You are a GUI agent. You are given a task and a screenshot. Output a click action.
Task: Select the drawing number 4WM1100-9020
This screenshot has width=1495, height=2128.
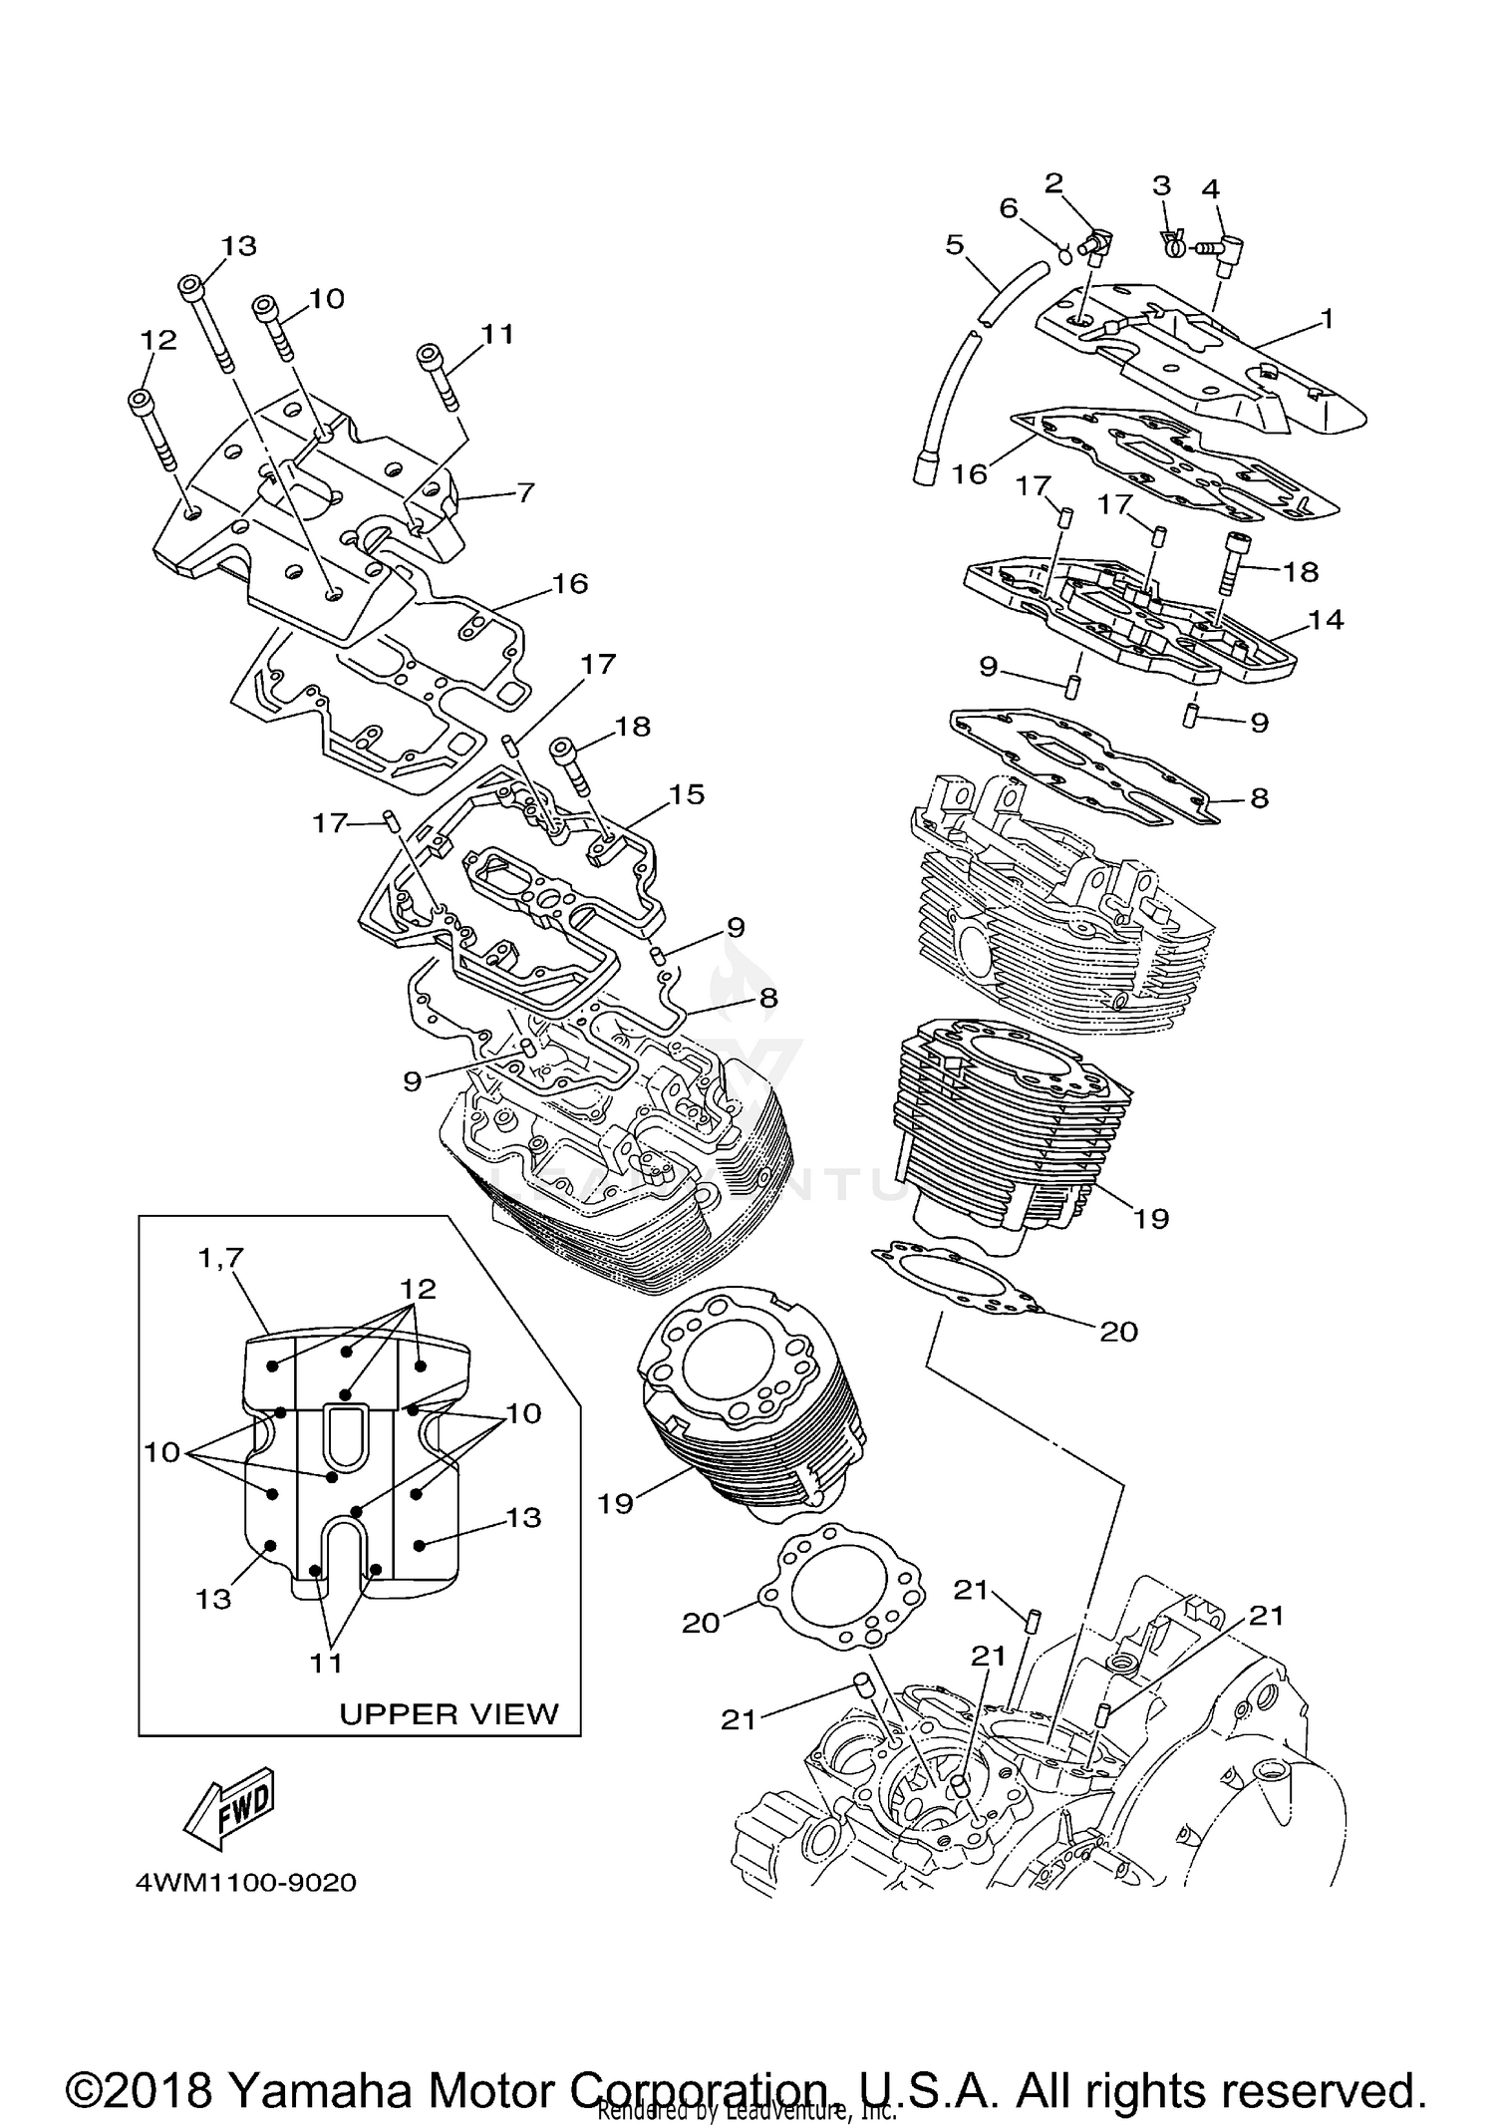(x=246, y=1883)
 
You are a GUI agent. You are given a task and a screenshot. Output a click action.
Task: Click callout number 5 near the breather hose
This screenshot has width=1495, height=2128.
(x=955, y=244)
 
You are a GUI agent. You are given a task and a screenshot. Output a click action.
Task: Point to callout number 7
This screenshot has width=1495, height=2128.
(x=523, y=492)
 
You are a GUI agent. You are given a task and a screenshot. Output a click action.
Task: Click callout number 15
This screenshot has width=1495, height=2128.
(x=687, y=794)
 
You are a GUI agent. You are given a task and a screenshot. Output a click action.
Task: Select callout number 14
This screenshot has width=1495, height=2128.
(x=1327, y=619)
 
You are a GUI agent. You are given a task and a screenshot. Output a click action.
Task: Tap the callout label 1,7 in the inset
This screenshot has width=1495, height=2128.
(x=221, y=1259)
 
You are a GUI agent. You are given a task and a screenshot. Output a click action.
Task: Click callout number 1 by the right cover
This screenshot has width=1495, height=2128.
(x=1327, y=319)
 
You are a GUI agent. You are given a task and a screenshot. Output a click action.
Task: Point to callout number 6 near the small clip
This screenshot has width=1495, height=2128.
(x=1009, y=208)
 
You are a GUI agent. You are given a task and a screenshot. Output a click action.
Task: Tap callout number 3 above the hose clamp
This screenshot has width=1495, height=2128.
(x=1161, y=185)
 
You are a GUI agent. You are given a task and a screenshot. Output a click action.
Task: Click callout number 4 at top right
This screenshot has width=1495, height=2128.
(x=1211, y=188)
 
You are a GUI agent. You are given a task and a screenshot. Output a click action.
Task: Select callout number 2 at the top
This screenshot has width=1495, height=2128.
(x=1053, y=182)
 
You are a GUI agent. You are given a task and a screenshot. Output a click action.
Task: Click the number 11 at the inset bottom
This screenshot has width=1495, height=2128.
(x=326, y=1662)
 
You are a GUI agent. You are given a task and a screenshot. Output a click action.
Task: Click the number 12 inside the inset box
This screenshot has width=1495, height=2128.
(x=418, y=1289)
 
